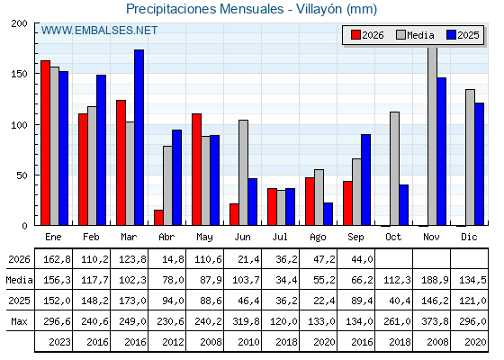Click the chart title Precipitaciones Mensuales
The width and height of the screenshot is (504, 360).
tap(205, 9)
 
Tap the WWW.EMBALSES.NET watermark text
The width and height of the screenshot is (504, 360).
tap(99, 31)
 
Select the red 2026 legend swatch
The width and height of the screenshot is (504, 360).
tap(355, 35)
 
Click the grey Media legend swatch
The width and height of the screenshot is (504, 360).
tap(400, 35)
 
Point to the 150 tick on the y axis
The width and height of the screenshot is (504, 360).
tap(19, 74)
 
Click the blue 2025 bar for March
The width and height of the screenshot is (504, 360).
tap(139, 138)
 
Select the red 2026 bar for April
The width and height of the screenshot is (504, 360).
tap(158, 218)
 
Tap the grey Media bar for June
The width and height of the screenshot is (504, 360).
tap(243, 173)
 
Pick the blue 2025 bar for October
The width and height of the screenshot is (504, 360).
tap(403, 205)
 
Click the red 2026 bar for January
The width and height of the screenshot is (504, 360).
tap(45, 143)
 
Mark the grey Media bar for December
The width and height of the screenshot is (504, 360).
tap(470, 157)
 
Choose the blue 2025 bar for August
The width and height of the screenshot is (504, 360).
tap(328, 214)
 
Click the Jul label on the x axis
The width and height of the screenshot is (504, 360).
tap(280, 237)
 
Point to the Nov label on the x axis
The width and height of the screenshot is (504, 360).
tap(431, 237)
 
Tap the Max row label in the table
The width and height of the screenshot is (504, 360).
tap(19, 321)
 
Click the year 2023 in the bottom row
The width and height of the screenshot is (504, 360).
tap(59, 342)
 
